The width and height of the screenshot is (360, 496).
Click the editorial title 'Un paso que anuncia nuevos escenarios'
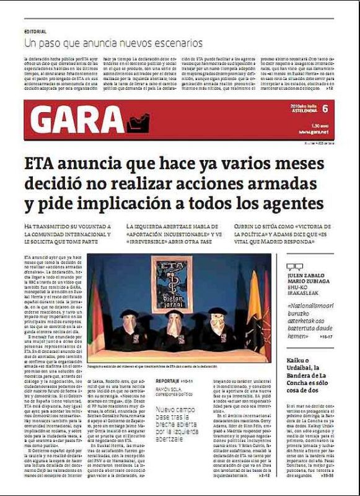coord(113,43)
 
